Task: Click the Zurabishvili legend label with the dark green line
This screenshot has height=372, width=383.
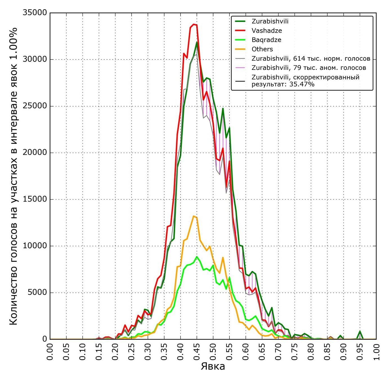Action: tap(270, 21)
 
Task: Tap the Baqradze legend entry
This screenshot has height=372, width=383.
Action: tap(266, 40)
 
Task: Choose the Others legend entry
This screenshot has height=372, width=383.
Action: tap(262, 49)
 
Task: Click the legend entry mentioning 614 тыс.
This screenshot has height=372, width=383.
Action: tap(311, 59)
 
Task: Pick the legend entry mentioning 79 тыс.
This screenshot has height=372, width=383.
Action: tap(309, 68)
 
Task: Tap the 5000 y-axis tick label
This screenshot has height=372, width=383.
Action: tap(38, 293)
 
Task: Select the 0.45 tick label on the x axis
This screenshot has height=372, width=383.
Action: tap(197, 352)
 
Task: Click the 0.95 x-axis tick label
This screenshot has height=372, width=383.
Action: tap(360, 352)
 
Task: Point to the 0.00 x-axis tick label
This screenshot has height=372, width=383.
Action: tap(50, 352)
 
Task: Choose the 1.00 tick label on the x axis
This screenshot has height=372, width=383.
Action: tap(376, 352)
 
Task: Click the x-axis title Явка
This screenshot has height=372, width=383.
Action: tap(213, 366)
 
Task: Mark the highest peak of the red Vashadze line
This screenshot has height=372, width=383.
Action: tap(193, 24)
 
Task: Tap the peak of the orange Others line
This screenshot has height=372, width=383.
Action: tap(193, 216)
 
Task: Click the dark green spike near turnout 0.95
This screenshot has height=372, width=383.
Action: tap(360, 331)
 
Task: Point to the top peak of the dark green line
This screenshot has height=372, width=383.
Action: tap(197, 42)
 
